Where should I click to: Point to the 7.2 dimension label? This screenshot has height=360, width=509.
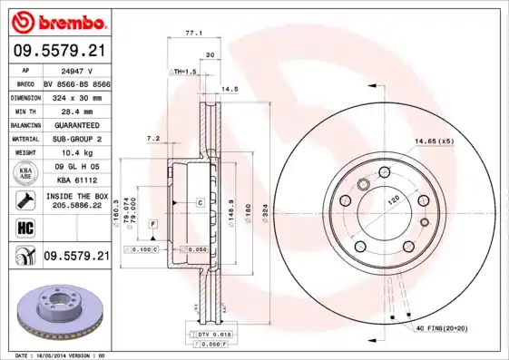click(153, 138)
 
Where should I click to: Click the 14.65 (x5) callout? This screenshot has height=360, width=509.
click(434, 141)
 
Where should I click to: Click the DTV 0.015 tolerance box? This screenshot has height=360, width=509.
click(209, 335)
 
